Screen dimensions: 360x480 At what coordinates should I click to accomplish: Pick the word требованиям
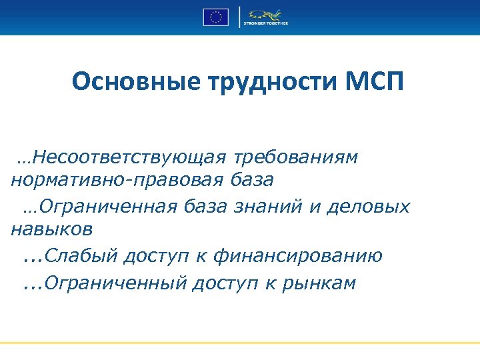(x=296, y=157)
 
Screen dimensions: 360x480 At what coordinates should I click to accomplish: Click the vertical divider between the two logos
(x=239, y=17)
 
